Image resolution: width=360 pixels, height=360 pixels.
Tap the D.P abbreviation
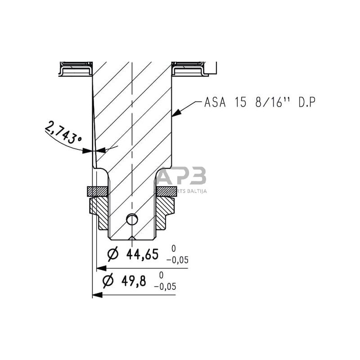point(306,103)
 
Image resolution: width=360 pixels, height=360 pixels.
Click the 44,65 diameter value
point(142,255)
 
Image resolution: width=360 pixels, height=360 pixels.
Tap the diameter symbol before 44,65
point(113,255)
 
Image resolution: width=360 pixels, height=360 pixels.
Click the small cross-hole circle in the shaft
point(131,219)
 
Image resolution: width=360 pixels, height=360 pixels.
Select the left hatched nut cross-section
point(101,211)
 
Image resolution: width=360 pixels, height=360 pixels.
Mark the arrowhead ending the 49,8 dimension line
point(96,295)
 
